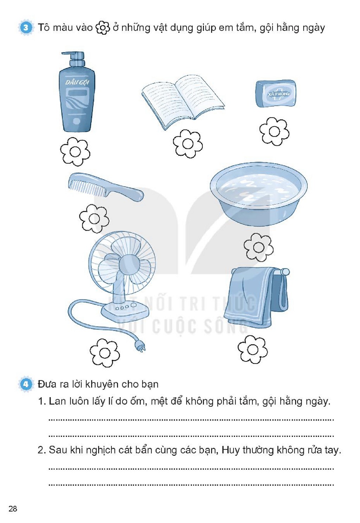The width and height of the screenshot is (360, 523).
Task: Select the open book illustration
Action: (183, 102)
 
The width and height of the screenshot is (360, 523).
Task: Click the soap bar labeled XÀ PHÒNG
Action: (276, 93)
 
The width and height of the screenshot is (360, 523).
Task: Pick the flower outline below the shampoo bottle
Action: (75, 151)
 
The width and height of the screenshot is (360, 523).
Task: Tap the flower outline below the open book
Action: (188, 144)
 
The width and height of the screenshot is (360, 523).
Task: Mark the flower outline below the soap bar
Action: (274, 131)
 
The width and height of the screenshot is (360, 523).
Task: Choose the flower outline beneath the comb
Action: (94, 218)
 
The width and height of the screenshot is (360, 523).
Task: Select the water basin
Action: (258, 194)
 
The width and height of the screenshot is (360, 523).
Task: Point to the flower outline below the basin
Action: (258, 247)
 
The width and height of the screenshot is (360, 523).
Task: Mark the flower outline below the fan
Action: (105, 353)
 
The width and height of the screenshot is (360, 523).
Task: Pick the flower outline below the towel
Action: (253, 349)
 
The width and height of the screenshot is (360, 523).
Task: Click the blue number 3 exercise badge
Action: (26, 28)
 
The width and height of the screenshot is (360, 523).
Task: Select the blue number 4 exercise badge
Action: (26, 384)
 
